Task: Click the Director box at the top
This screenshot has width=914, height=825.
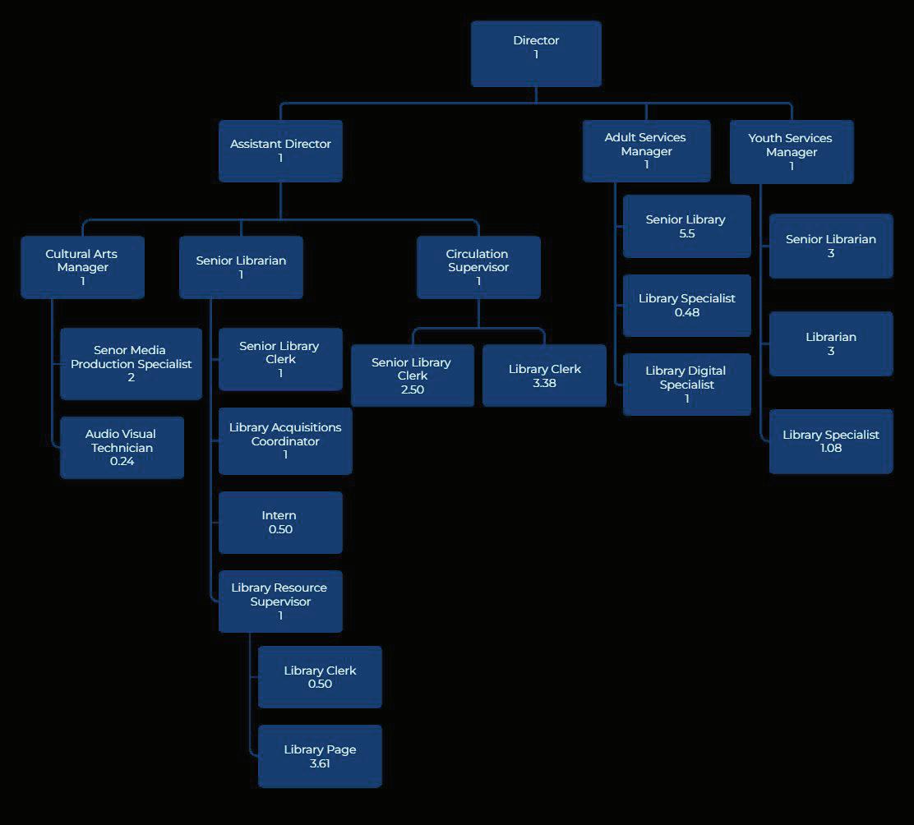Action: click(x=536, y=54)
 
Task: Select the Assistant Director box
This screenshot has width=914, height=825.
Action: click(x=280, y=151)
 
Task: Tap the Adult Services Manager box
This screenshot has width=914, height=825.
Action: click(x=646, y=151)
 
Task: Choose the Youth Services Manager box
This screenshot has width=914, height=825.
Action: click(x=791, y=152)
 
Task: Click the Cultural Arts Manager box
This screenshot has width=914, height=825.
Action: click(x=82, y=267)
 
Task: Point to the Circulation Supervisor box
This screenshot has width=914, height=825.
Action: click(x=478, y=267)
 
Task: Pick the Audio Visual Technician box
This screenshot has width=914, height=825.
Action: click(x=122, y=447)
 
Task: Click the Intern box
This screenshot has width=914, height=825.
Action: click(x=280, y=522)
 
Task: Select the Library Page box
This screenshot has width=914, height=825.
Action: click(x=320, y=756)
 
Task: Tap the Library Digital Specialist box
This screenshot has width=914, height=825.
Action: click(x=686, y=384)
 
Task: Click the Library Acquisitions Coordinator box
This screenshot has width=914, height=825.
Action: click(x=285, y=441)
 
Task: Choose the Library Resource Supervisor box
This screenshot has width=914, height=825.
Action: click(x=280, y=601)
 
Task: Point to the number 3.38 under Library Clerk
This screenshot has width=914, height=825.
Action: click(x=544, y=383)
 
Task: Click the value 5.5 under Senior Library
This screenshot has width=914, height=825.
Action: click(x=686, y=233)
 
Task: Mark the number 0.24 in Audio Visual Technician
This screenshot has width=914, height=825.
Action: click(x=122, y=461)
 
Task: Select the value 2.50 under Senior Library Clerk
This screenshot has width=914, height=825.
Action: click(x=412, y=389)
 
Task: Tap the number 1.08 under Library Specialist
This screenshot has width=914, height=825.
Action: click(x=831, y=448)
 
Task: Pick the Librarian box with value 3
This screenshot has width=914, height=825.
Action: click(x=831, y=343)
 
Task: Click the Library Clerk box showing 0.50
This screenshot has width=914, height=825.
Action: click(x=320, y=677)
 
